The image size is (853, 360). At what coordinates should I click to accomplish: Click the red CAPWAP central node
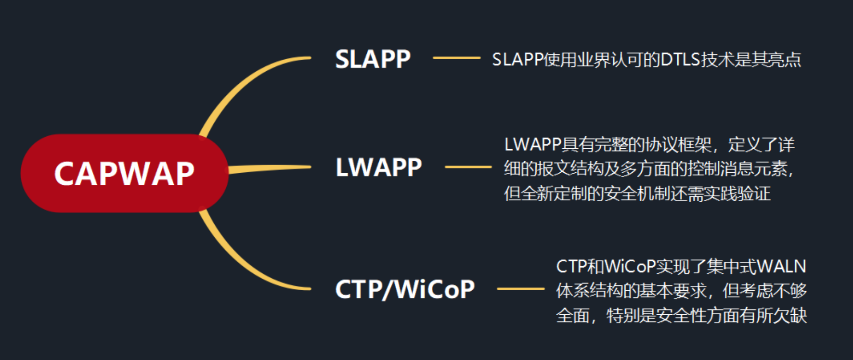click(x=124, y=173)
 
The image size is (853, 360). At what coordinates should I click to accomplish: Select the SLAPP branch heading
click(x=373, y=59)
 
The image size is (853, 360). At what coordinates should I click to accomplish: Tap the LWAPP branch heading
click(x=378, y=167)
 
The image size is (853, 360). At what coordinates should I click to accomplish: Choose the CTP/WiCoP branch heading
click(x=404, y=289)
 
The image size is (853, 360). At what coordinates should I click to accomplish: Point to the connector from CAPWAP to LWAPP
click(x=270, y=168)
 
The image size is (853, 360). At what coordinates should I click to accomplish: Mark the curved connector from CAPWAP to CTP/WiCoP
click(x=241, y=262)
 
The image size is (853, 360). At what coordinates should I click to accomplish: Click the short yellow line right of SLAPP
click(x=456, y=58)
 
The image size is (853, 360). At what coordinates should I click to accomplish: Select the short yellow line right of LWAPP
click(x=468, y=167)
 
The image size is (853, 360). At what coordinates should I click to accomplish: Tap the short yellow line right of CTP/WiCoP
click(x=520, y=289)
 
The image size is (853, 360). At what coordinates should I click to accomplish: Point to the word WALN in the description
click(x=781, y=266)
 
